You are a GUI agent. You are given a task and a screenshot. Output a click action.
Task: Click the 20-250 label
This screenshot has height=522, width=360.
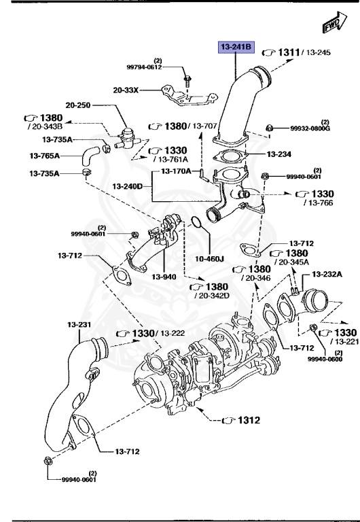[79, 105]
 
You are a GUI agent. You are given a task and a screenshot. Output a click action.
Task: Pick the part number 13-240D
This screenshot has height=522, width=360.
[128, 186]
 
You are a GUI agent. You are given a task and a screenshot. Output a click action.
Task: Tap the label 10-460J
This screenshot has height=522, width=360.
[211, 258]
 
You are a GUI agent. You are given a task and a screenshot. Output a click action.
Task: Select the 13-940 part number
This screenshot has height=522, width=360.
[164, 277]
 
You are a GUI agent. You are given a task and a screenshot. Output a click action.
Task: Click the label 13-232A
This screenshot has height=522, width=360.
[327, 274]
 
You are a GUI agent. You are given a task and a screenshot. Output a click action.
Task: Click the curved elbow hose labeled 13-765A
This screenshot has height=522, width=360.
[88, 154]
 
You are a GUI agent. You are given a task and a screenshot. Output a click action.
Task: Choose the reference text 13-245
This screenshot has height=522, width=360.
[317, 52]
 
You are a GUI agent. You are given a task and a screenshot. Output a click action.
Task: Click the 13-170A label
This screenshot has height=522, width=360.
[176, 171]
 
